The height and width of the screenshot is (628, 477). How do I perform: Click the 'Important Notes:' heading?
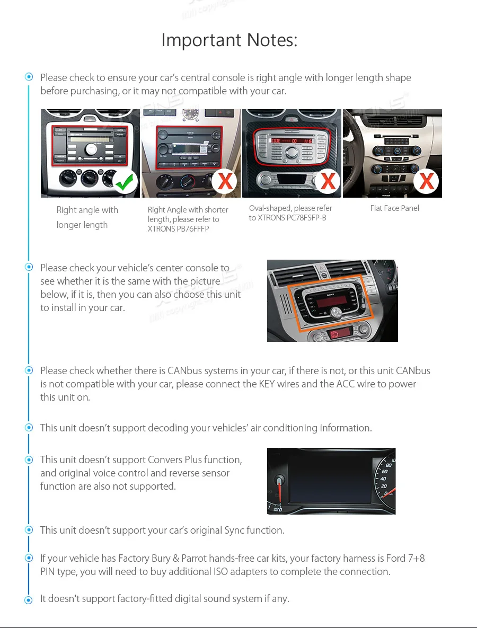click(229, 40)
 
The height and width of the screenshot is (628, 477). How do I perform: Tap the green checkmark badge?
click(125, 182)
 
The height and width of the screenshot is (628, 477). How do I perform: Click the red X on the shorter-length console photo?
click(225, 182)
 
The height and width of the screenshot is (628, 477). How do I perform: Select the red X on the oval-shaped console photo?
click(328, 181)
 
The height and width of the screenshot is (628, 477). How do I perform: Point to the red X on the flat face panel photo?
click(427, 182)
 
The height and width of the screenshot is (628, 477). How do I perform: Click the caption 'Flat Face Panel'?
click(394, 208)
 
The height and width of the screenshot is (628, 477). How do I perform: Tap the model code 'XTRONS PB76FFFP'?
click(178, 229)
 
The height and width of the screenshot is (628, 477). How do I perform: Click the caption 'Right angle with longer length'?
click(87, 217)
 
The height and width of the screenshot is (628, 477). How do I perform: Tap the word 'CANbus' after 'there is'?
click(184, 370)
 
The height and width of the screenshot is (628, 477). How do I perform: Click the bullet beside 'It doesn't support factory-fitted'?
click(29, 600)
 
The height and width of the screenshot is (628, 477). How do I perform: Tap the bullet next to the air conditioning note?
click(29, 428)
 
